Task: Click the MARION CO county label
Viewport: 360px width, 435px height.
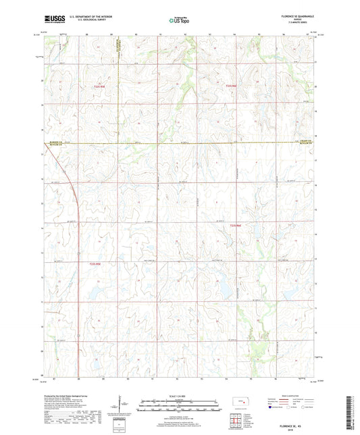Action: point(53,141)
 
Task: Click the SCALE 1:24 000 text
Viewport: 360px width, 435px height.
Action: point(180,395)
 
